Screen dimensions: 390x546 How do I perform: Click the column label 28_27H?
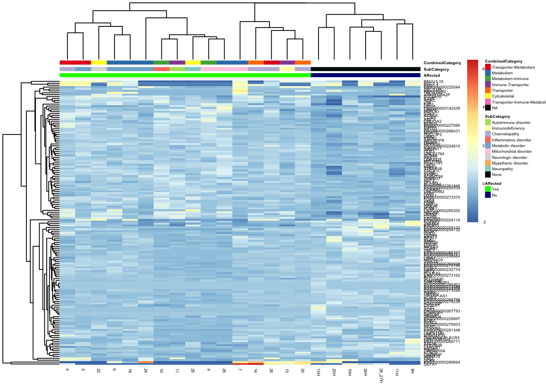click(381, 375)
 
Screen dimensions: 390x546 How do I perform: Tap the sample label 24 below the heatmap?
click(145, 370)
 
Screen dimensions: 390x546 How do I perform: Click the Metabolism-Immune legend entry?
click(510, 79)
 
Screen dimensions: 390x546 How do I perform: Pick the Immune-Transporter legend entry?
click(510, 85)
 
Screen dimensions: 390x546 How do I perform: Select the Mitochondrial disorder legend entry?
click(511, 152)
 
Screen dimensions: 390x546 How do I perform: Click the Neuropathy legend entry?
click(502, 169)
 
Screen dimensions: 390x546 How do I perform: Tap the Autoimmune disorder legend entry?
click(511, 122)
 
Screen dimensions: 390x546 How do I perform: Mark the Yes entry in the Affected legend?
click(495, 189)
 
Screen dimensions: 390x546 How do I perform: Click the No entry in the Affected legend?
click(494, 195)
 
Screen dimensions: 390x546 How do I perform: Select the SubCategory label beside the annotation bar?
click(436, 69)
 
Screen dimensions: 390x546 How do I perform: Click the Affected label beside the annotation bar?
click(431, 76)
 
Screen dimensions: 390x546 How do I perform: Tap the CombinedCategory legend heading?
click(503, 61)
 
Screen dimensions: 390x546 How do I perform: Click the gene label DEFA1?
click(430, 364)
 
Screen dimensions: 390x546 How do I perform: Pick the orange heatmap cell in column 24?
click(146, 362)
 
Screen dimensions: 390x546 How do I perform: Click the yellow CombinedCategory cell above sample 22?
click(99, 63)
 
